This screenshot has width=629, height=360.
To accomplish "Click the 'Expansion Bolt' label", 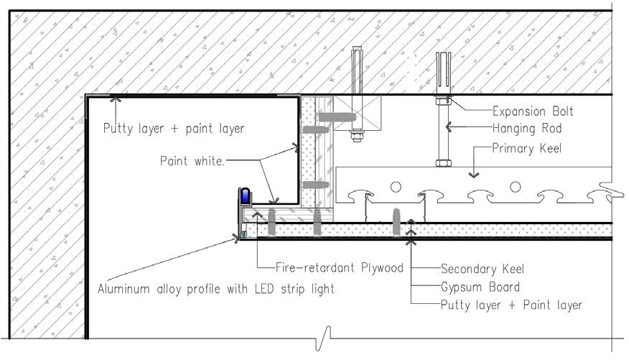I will coord(533,111).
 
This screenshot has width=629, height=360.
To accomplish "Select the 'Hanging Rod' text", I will coord(526,129).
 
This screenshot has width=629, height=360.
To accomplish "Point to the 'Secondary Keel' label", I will coord(483,269).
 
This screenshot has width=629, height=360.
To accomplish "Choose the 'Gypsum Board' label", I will coord(479,287).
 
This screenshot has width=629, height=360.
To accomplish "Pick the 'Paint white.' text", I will coord(192,162).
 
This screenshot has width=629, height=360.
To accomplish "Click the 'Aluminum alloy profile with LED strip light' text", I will coord(215,290).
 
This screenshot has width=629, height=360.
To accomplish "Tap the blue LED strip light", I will coord(245,196).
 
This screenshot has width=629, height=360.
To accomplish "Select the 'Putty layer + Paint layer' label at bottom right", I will coord(511,305).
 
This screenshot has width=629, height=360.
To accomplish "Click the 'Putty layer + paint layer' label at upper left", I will coord(173,129).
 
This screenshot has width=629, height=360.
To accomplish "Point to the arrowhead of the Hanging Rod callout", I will coord(449,129).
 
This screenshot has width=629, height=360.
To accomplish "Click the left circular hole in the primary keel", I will coord(395,187).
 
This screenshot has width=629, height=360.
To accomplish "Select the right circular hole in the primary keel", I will coord(514,187).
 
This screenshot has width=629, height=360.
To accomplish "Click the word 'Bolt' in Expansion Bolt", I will coord(561,111).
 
